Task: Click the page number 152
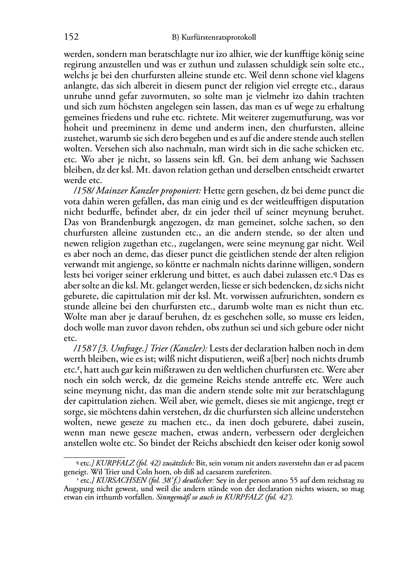[x=71, y=37]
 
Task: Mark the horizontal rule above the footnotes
[x=94, y=457]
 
